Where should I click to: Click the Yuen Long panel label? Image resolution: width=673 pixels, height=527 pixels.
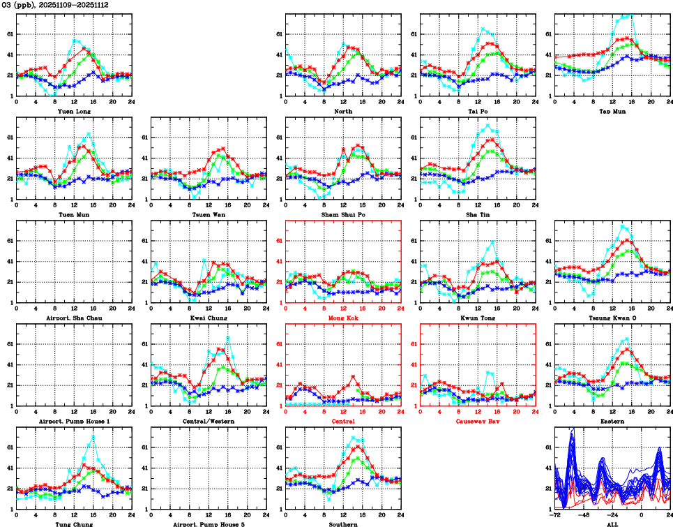72,110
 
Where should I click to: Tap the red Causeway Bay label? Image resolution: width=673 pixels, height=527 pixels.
478,421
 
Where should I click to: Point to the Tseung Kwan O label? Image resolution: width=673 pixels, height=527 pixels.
612,318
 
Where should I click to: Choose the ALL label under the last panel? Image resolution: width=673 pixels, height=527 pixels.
612,524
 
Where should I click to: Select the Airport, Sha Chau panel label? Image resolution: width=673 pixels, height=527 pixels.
72,318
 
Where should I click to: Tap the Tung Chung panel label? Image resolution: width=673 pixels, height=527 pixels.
72,524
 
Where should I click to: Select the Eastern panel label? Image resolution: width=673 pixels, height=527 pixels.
612,421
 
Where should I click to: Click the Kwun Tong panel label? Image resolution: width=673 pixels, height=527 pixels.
478,318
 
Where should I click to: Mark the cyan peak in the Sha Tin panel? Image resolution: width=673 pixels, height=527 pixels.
488,125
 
